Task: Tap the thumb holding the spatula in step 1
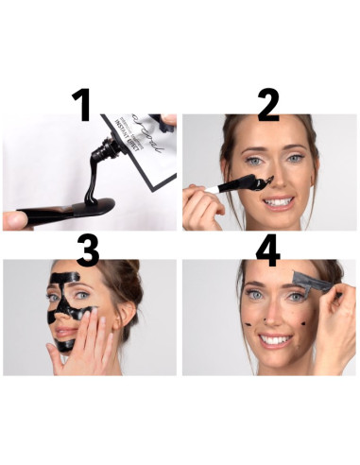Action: coord(16,218)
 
